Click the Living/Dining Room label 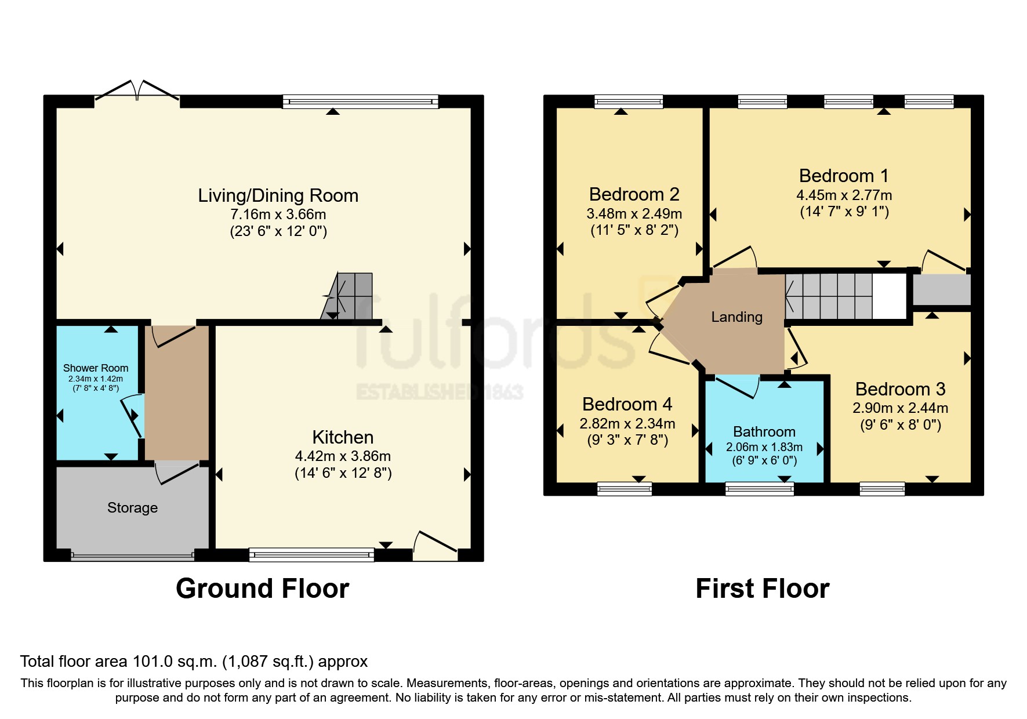click(x=278, y=195)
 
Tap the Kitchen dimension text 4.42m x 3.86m click(x=343, y=456)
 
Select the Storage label click(x=132, y=508)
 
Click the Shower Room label click(x=96, y=368)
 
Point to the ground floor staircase click(x=348, y=296)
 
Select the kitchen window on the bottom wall click(x=311, y=555)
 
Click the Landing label click(x=736, y=317)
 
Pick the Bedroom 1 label click(x=843, y=176)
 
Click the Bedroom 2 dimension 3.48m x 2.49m click(x=634, y=214)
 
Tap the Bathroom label click(x=764, y=432)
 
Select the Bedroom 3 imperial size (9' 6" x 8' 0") click(x=900, y=425)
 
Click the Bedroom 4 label click(x=627, y=404)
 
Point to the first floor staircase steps click(x=829, y=296)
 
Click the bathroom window click(x=760, y=489)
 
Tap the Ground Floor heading click(x=262, y=589)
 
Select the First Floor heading click(x=762, y=589)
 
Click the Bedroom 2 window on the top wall click(x=629, y=102)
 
